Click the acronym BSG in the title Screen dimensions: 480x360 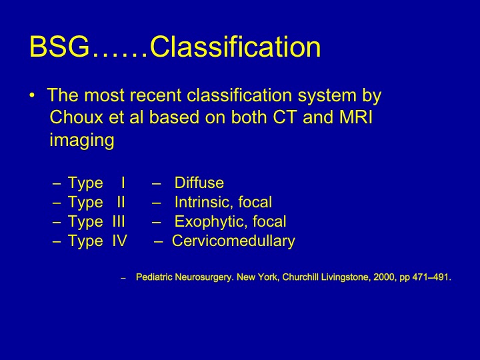pos(59,47)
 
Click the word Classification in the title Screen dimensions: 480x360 pos(235,47)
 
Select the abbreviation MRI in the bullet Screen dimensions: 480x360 pos(356,117)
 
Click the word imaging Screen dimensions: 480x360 pos(82,140)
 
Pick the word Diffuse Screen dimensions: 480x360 pos(199,183)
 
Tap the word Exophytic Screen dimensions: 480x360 pos(211,221)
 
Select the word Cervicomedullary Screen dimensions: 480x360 pos(233,241)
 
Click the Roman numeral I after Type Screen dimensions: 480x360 pos(123,183)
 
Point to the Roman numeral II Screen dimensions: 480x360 pos(121,202)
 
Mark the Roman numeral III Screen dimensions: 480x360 pos(119,221)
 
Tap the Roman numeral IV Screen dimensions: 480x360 pos(119,241)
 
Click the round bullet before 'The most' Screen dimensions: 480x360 pos(32,95)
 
